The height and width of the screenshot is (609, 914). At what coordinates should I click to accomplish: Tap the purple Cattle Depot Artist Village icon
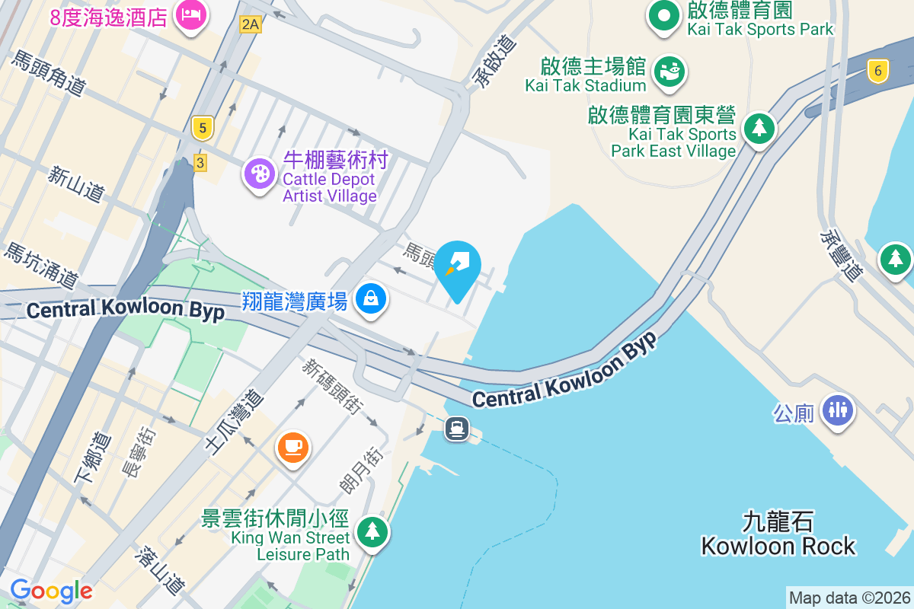[260, 174]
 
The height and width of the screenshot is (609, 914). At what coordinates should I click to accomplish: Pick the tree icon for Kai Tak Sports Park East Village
[759, 128]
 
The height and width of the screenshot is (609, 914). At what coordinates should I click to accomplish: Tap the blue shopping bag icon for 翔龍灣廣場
[370, 298]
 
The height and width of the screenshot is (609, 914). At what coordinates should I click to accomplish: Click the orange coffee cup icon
[292, 446]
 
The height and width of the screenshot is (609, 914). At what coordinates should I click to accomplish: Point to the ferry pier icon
[457, 429]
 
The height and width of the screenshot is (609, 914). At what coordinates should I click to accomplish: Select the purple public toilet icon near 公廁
[838, 410]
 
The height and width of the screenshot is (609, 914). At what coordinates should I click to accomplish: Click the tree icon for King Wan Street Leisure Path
[372, 531]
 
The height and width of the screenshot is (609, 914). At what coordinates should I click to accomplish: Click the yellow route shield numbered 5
[201, 127]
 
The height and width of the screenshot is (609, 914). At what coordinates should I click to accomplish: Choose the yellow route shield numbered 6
[878, 72]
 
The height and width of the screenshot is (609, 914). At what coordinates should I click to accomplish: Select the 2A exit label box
[250, 24]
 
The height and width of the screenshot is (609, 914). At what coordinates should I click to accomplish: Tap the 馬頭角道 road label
[47, 73]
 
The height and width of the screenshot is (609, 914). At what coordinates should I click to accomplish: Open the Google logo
[51, 591]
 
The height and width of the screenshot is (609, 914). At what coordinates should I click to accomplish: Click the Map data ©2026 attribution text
[848, 598]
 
